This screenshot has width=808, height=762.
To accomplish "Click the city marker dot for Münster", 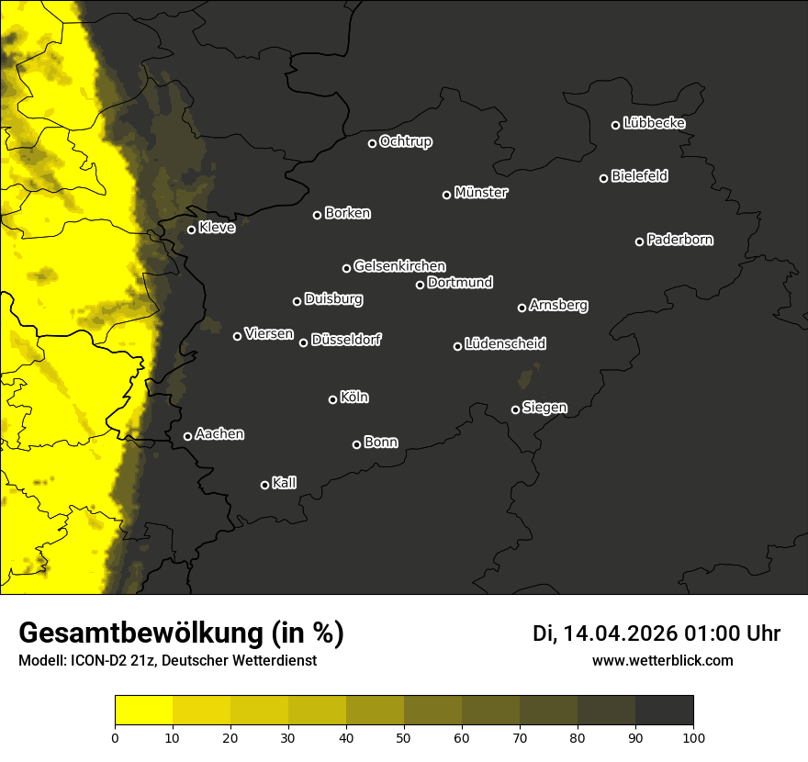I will coord(447,195).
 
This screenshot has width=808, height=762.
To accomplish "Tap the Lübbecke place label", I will coord(654,123).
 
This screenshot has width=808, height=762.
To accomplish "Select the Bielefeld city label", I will coord(639,176).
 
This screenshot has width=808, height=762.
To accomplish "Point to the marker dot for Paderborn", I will coord(640,241).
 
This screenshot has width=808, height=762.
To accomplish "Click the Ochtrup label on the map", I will coord(406,142).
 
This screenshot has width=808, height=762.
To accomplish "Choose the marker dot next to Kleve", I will coord(192,230).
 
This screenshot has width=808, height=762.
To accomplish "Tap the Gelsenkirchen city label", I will coord(399,266).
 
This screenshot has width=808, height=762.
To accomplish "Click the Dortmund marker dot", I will coord(421,285).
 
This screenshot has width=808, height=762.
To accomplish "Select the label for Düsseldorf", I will coord(346,340).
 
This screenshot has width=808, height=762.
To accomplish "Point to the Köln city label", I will coord(354,398).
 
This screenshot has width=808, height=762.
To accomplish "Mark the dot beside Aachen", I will coord(188,436).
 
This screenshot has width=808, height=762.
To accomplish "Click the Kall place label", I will coord(285,483).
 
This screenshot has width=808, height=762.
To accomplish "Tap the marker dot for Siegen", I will coord(515,409).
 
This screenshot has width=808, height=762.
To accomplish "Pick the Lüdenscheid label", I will coord(505,344).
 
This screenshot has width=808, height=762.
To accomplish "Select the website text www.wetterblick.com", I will coord(662,660).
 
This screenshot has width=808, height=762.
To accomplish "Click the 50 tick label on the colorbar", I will coord(404,737).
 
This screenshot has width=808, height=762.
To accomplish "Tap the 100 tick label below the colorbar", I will coord(693,737).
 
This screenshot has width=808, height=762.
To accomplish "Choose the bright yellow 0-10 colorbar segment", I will coord(144,711).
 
